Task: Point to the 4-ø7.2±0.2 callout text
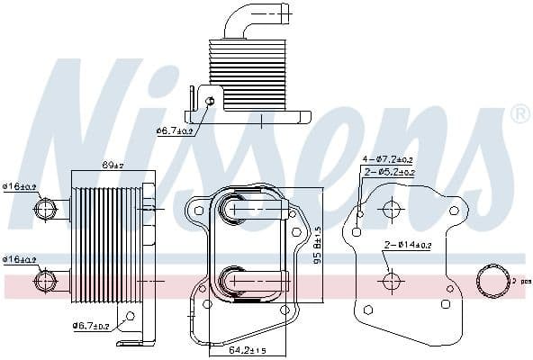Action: pos(388,160)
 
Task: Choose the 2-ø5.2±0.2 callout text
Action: pos(388,171)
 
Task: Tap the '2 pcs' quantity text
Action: pos(516,282)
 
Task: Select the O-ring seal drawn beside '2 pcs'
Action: pos(492,281)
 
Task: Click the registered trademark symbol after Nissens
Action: pos(519,115)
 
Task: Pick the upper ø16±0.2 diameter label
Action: pos(19,186)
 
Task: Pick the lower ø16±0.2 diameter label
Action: pos(19,259)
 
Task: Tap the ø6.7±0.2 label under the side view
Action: pos(90,326)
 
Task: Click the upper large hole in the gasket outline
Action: pos(391,210)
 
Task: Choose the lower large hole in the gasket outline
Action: pos(391,282)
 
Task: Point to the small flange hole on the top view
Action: pos(211,101)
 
